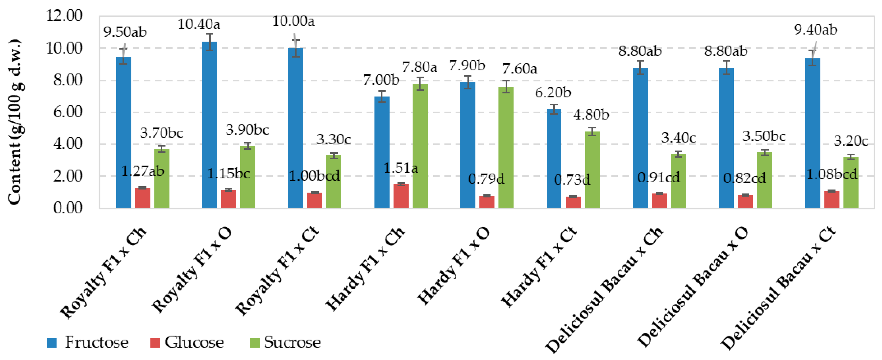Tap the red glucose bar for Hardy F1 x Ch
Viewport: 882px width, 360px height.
(x=401, y=196)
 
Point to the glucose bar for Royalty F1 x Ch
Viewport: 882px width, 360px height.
(x=143, y=198)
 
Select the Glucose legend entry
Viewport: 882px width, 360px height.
(x=187, y=342)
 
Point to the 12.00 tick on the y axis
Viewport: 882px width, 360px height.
(x=64, y=16)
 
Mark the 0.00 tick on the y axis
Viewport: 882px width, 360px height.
(x=68, y=208)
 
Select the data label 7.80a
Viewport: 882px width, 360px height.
(x=419, y=67)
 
